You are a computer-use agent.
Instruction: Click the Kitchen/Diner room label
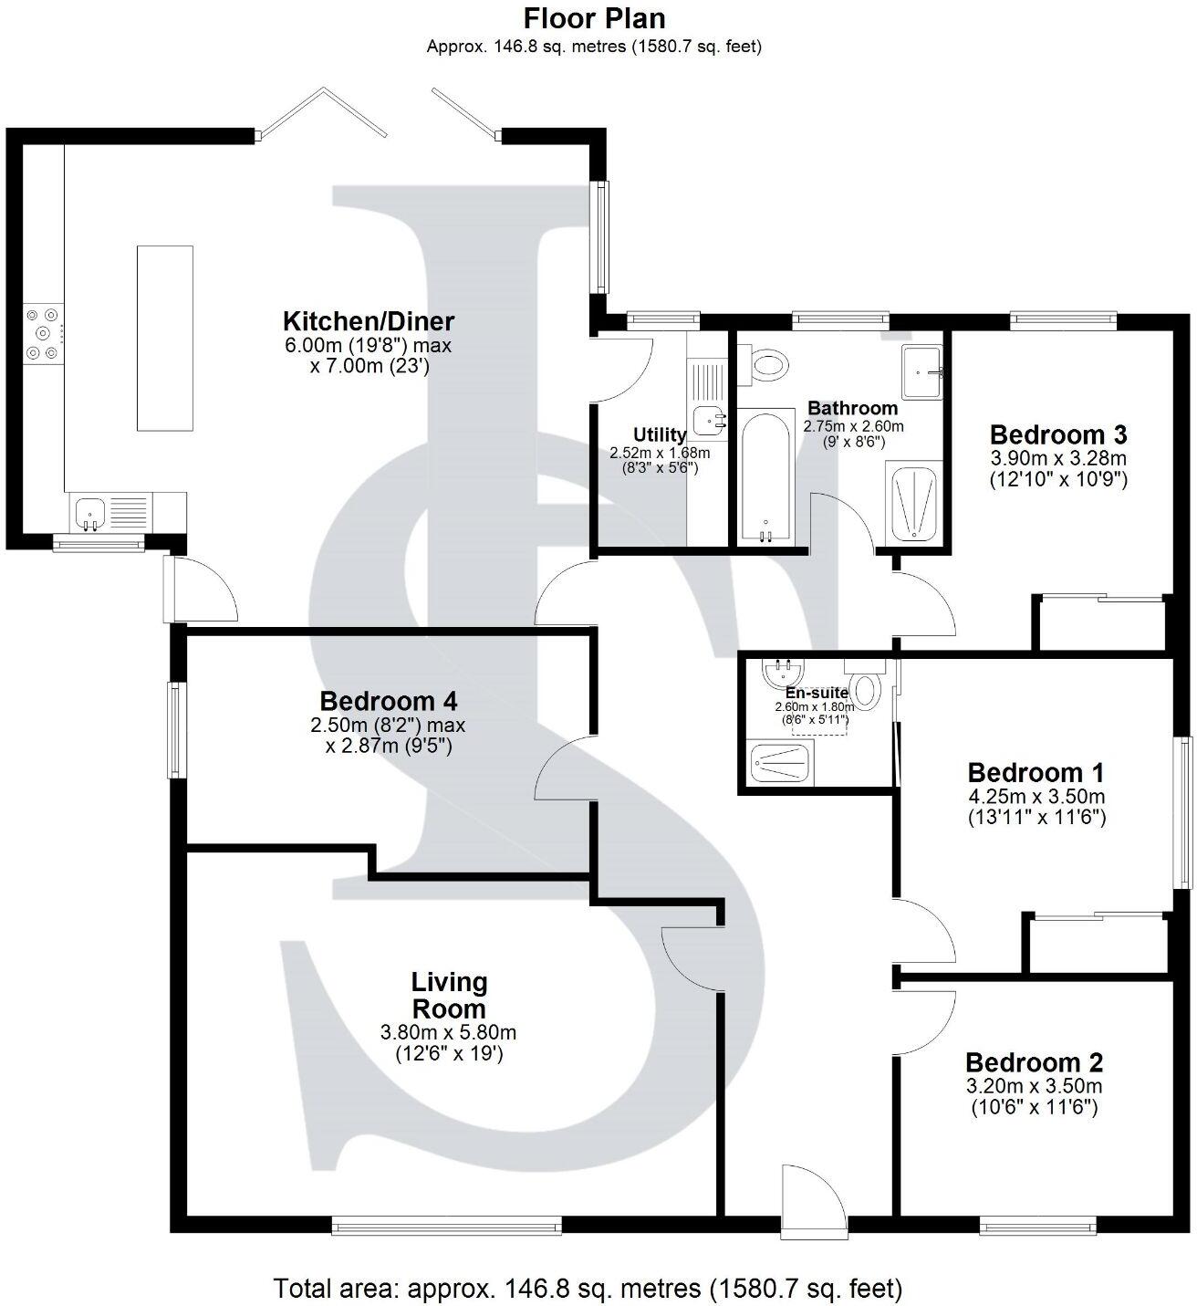click(x=368, y=321)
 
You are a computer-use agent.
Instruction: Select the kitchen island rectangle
click(x=165, y=338)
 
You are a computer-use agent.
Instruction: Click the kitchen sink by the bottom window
click(x=91, y=513)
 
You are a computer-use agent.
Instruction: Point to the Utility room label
click(x=659, y=434)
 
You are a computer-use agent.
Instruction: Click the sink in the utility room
click(x=709, y=421)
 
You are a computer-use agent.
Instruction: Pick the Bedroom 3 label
click(x=1058, y=434)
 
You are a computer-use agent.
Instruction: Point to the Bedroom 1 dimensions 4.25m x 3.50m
click(x=1036, y=796)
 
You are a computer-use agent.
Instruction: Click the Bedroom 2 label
click(x=1034, y=1062)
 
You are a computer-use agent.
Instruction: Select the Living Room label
click(x=449, y=995)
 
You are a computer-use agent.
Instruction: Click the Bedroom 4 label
click(x=388, y=701)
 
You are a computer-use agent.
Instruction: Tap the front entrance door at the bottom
click(x=812, y=1203)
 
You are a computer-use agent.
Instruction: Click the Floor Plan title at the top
click(x=594, y=18)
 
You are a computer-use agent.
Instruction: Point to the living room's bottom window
click(x=447, y=1228)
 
